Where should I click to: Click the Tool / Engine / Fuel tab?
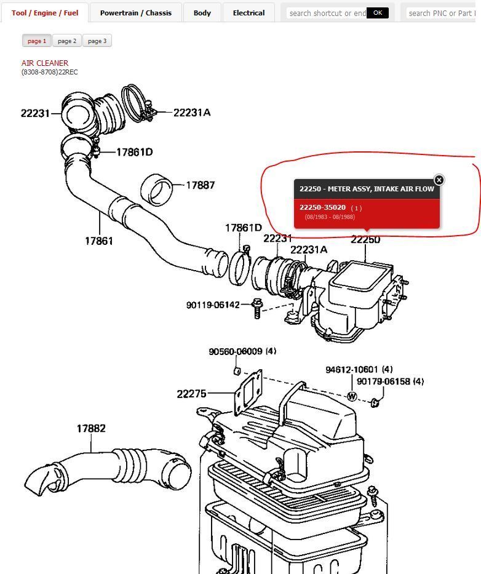(x=45, y=13)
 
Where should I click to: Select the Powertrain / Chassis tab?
(x=135, y=13)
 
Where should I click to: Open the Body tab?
(x=202, y=13)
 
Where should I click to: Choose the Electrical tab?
(x=248, y=13)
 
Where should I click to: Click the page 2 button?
(x=67, y=41)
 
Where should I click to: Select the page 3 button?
(x=97, y=41)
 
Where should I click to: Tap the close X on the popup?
(x=439, y=180)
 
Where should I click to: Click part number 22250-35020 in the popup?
(x=322, y=207)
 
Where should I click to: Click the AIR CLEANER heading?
(x=45, y=63)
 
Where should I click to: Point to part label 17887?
(x=200, y=185)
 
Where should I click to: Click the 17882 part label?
(x=91, y=428)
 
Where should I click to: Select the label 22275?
(x=191, y=394)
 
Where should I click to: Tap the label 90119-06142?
(x=213, y=305)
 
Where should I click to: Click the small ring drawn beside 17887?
(x=156, y=189)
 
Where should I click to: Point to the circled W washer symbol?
(x=352, y=396)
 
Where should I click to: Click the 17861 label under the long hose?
(x=99, y=241)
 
